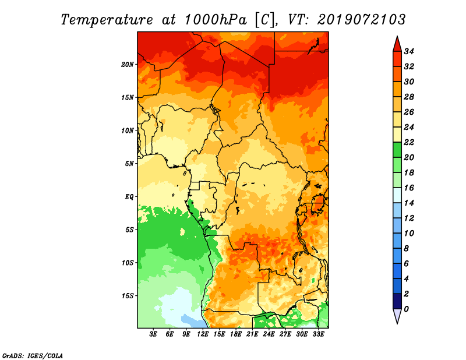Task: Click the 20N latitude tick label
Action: pos(128,65)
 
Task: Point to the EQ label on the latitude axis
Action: pos(129,197)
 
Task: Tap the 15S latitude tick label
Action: pos(128,296)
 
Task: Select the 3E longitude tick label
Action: pos(153,334)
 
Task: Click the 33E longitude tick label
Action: pos(318,334)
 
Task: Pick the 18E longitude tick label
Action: pos(236,334)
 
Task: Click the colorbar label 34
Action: pos(409,51)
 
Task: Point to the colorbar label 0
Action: pos(406,309)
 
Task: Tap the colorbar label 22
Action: pos(409,142)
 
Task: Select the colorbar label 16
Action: pos(409,188)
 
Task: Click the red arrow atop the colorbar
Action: pos(397,44)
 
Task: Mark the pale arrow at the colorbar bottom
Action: pos(397,316)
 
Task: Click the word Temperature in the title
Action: pos(107,20)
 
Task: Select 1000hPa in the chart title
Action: pos(216,20)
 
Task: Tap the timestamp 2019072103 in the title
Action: pos(361,20)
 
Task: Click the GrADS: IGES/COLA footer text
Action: pos(33,356)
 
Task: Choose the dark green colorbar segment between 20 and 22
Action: pos(397,150)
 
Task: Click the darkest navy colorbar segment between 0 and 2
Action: pos(397,301)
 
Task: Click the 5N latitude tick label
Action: pos(129,164)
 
